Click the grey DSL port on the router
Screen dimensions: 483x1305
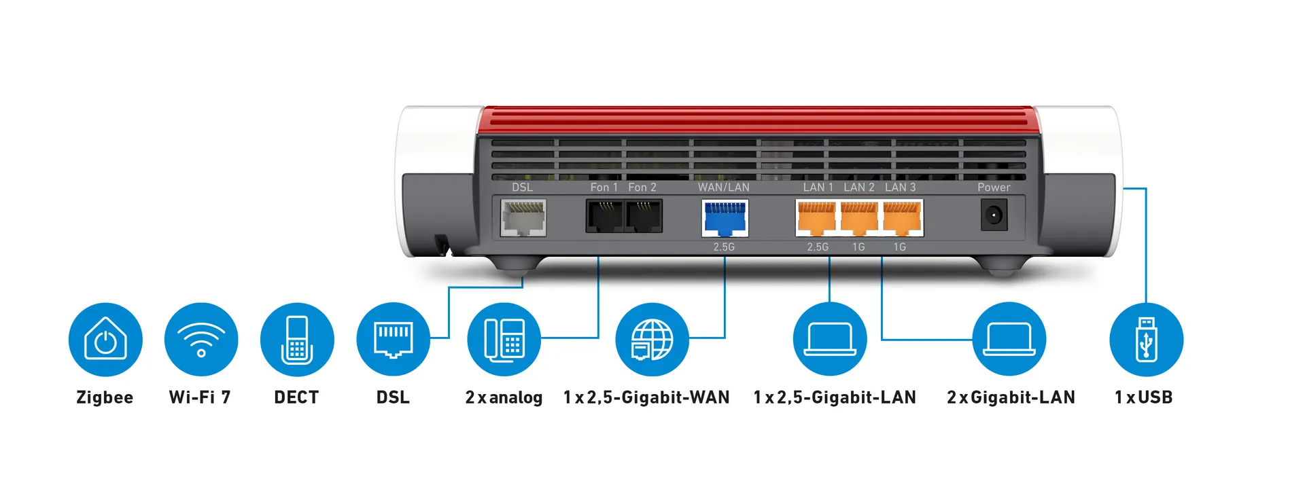click(x=523, y=217)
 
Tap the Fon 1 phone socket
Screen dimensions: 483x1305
click(x=604, y=216)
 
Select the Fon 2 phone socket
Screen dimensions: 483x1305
click(x=643, y=216)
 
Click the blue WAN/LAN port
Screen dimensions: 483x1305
click(x=725, y=217)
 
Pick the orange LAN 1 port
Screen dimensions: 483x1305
click(x=816, y=217)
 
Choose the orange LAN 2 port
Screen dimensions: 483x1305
click(x=859, y=217)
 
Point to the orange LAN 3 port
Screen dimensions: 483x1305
click(x=902, y=217)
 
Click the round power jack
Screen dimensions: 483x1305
click(x=994, y=216)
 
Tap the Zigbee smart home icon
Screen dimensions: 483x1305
click(x=105, y=339)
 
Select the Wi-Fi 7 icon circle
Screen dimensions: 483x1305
click(x=201, y=339)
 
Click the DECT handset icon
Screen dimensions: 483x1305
click(x=297, y=339)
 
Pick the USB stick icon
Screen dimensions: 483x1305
click(x=1146, y=339)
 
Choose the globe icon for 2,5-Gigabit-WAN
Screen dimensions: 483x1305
click(x=652, y=339)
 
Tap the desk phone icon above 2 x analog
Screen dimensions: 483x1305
click(x=504, y=339)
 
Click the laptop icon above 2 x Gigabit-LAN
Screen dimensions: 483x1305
click(x=1009, y=339)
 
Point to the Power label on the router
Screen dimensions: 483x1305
click(x=994, y=187)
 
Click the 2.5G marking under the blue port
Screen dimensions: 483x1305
click(x=724, y=247)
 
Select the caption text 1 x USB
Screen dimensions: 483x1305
click(x=1143, y=397)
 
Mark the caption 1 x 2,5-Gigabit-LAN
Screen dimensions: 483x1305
click(x=835, y=397)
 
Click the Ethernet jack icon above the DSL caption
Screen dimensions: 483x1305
click(x=393, y=339)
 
